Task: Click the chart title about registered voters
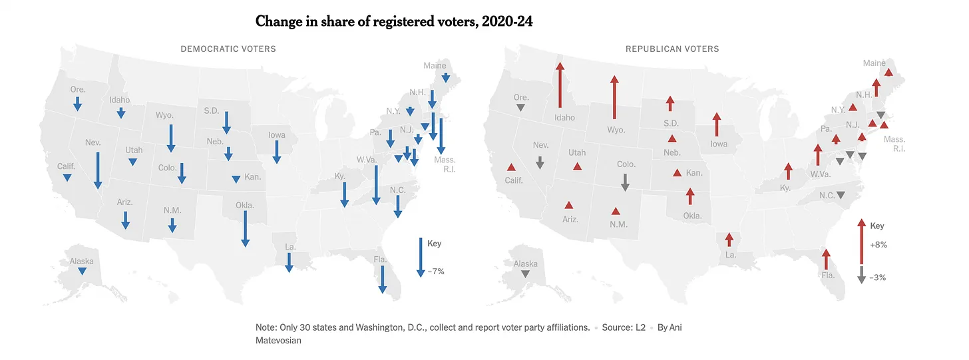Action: [x=394, y=21]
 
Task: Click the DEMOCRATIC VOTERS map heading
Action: [x=228, y=49]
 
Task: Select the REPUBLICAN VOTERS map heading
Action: [x=672, y=49]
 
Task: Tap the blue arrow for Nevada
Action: [x=98, y=170]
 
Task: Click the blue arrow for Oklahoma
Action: [x=245, y=228]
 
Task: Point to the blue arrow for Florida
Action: [x=382, y=279]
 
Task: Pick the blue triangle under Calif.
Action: [x=67, y=178]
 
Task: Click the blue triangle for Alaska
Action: [x=81, y=271]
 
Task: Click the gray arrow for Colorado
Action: [x=624, y=182]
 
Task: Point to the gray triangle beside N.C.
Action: [x=841, y=195]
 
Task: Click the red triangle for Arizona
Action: [x=569, y=205]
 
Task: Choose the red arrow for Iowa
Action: [x=717, y=125]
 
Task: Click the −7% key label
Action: [x=437, y=271]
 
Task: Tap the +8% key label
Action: [x=878, y=245]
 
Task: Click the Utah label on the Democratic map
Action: [x=134, y=150]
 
